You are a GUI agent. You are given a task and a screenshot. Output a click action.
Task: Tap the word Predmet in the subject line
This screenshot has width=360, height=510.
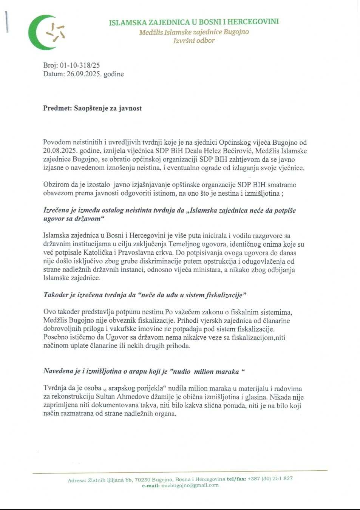pos(57,108)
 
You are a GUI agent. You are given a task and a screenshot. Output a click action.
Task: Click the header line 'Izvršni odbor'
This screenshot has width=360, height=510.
pos(194,41)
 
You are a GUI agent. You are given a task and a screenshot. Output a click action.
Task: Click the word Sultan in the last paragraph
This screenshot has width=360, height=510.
pos(105,397)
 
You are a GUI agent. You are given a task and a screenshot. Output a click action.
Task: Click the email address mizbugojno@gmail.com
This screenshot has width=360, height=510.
pos(190,485)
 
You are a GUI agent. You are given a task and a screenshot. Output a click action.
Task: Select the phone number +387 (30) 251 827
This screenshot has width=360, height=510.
pos(270,479)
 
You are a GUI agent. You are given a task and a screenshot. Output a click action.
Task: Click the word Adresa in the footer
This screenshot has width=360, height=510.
pos(77,481)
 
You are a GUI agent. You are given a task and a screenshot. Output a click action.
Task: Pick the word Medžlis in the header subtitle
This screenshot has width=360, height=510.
pos(151,32)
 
